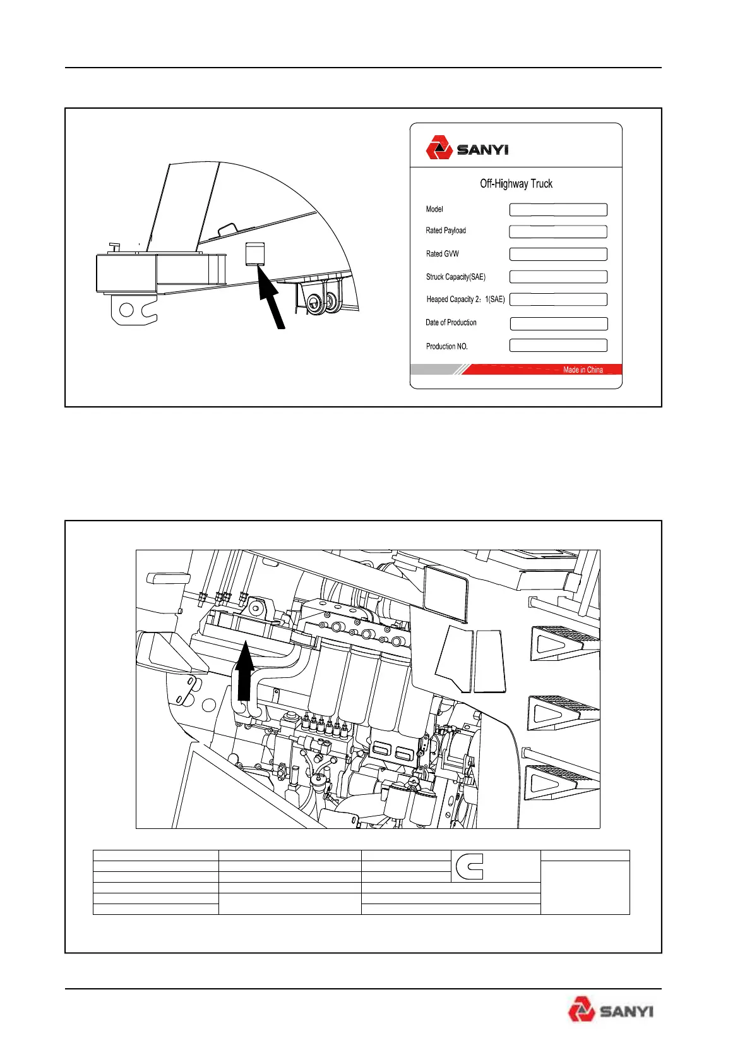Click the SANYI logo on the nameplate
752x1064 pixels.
click(x=467, y=150)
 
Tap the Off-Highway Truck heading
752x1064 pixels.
click(x=516, y=184)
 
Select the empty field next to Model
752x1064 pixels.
click(x=558, y=210)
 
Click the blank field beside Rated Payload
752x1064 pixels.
click(x=558, y=232)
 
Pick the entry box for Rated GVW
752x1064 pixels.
click(x=558, y=254)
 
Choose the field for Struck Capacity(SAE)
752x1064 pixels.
click(x=558, y=277)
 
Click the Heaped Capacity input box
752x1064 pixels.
click(x=558, y=299)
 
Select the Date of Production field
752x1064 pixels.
click(x=558, y=323)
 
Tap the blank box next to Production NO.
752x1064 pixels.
click(x=558, y=346)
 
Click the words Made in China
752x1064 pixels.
click(x=583, y=370)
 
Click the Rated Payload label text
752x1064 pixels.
click(x=446, y=231)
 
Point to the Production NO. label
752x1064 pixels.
click(x=447, y=346)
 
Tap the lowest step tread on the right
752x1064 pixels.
click(x=561, y=782)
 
